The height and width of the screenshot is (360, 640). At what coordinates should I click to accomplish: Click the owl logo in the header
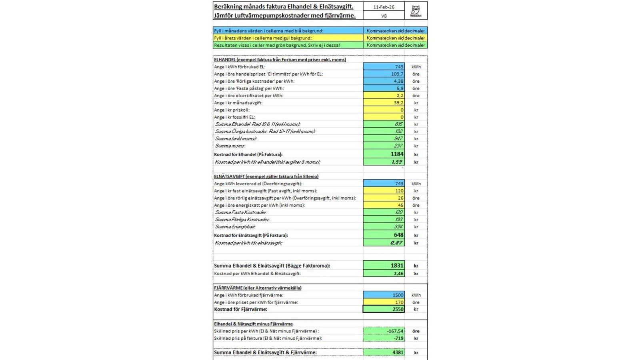[x=416, y=10]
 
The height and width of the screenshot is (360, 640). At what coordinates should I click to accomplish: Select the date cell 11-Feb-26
[x=384, y=7]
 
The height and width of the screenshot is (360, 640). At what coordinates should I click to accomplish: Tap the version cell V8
[x=384, y=16]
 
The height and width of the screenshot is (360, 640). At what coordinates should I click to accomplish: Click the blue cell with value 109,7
[x=384, y=74]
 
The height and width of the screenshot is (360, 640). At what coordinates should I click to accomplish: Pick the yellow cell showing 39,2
[x=384, y=103]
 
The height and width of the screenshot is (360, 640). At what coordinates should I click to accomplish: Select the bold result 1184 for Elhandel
[x=384, y=154]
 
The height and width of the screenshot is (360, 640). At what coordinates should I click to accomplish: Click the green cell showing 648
[x=384, y=235]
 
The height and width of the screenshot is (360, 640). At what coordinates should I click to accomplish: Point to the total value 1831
[x=384, y=265]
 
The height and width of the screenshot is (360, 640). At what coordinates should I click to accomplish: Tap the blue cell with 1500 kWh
[x=384, y=295]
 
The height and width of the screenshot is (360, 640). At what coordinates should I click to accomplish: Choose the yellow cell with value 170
[x=384, y=302]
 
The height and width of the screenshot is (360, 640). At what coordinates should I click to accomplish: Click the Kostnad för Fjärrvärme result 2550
[x=384, y=309]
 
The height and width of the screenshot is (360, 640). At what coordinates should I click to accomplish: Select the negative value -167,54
[x=384, y=331]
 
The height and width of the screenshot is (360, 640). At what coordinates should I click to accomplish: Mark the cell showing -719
[x=384, y=338]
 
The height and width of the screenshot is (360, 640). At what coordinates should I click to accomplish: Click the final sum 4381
[x=384, y=352]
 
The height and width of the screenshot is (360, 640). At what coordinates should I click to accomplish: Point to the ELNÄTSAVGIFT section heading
[x=266, y=176]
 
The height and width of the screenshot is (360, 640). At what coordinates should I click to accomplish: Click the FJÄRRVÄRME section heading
[x=258, y=288]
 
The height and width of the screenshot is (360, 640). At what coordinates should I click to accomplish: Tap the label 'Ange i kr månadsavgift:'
[x=238, y=103]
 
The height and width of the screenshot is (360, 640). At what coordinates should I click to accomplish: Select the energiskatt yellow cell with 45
[x=384, y=205]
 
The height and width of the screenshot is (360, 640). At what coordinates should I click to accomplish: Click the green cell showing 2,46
[x=384, y=274]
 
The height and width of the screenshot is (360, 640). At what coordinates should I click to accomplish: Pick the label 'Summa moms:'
[x=230, y=146]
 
